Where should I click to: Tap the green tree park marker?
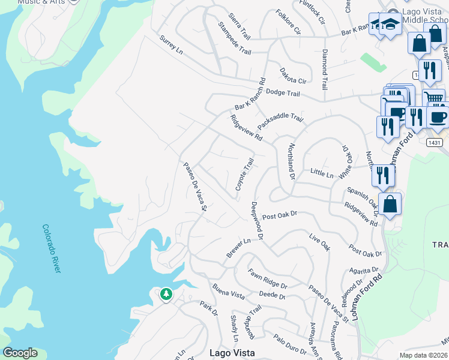pyautogui.click(x=166, y=295)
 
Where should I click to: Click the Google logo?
pyautogui.click(x=20, y=353)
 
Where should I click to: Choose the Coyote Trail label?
pyautogui.click(x=245, y=175)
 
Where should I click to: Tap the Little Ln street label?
pyautogui.click(x=322, y=174)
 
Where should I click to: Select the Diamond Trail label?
pyautogui.click(x=324, y=70)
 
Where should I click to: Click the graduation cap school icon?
pyautogui.click(x=390, y=25)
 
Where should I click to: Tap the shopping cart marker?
pyautogui.click(x=433, y=98)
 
